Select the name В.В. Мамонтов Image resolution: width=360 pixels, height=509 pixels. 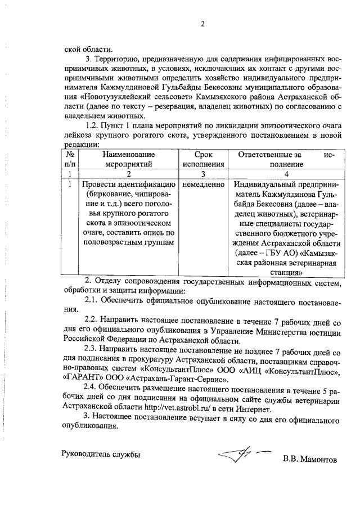point(310,460)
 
